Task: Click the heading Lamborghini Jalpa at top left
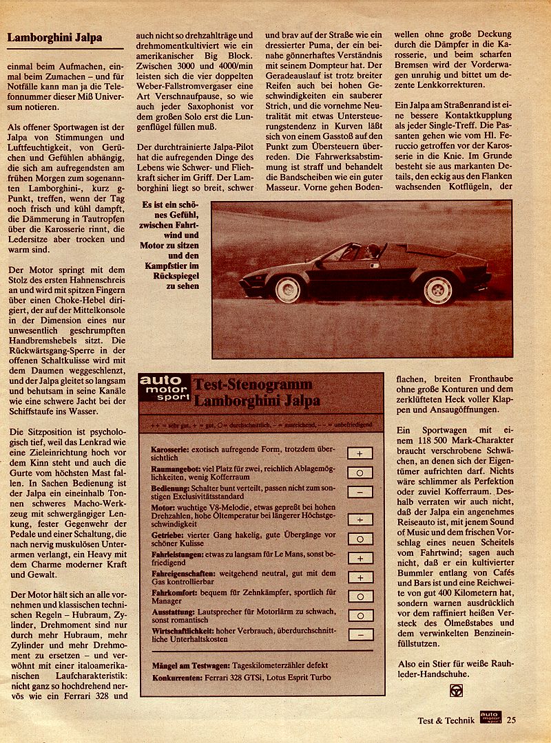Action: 54,38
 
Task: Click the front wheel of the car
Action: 288,289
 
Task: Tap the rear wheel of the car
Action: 438,290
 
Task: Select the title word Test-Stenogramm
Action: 252,385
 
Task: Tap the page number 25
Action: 511,720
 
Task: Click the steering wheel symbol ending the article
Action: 456,690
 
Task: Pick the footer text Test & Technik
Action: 446,721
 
